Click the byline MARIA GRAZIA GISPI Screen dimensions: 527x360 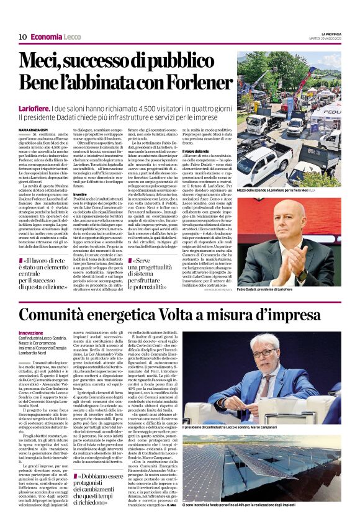click(x=36, y=129)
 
